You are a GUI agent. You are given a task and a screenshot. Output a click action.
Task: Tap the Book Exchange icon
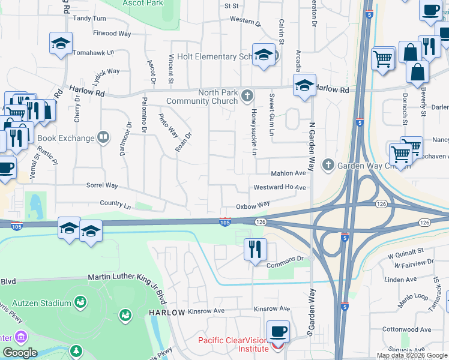[103, 138]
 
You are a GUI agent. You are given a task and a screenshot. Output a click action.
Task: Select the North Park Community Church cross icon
[247, 96]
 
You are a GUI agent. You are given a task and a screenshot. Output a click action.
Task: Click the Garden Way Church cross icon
[328, 164]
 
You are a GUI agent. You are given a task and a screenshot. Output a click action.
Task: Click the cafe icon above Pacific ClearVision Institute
[278, 331]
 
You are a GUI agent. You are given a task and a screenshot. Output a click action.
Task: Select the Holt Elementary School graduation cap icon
[263, 55]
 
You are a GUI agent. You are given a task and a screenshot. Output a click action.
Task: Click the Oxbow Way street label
[252, 205]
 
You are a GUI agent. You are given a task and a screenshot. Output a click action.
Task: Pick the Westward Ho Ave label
[280, 187]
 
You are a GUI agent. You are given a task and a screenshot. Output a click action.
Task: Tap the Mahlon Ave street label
[289, 173]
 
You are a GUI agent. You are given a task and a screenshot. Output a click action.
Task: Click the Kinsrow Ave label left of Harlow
[206, 311]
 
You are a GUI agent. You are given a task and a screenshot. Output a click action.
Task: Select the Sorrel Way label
[102, 186]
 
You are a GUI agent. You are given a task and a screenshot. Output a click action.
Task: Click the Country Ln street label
[116, 205]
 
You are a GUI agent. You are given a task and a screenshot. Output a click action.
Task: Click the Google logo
[19, 352]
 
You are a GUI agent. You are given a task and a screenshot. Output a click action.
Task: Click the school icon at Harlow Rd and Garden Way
[304, 85]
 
